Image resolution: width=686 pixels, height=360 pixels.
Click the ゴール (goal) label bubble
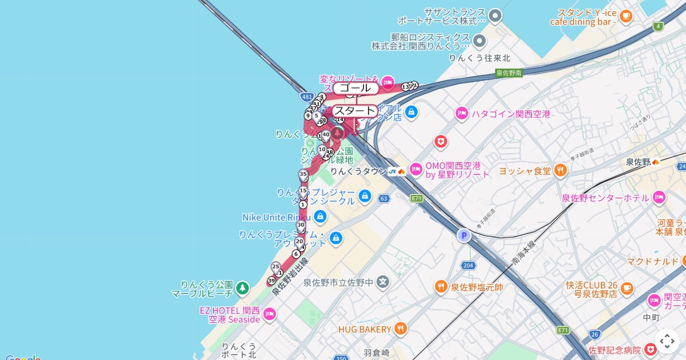point(356,88)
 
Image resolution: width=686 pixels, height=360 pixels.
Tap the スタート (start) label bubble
point(355,110)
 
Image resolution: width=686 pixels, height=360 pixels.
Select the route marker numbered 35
point(304,174)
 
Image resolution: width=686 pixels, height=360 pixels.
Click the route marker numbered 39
point(272,281)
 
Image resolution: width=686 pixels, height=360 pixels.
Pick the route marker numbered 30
point(301,225)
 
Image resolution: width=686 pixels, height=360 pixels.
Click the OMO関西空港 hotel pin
point(415,169)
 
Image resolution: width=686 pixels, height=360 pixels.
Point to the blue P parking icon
point(464,235)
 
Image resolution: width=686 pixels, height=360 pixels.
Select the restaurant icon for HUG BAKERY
point(401,329)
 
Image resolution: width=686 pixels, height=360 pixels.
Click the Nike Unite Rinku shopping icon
point(320,217)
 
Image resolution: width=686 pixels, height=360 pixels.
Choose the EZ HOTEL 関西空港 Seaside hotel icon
point(269,314)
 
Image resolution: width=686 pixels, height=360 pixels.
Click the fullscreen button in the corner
point(667,341)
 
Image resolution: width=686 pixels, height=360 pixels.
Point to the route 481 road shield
point(307,97)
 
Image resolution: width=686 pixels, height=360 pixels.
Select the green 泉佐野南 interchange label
point(509,73)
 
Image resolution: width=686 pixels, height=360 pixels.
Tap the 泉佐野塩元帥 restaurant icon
point(441,287)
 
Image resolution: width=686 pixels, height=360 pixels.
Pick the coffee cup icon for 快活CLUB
point(627,287)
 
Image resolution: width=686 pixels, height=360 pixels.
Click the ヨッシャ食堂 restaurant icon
point(561,170)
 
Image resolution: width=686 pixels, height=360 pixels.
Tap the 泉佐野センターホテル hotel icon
point(659,197)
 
